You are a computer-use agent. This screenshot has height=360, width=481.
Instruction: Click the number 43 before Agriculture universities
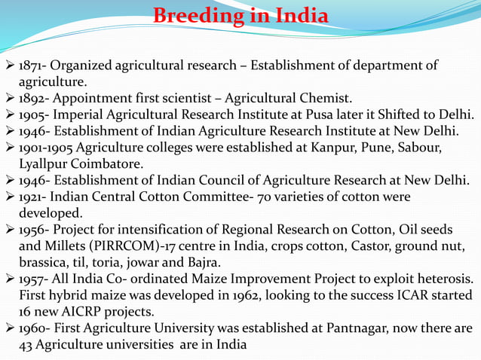pyautogui.click(x=27, y=345)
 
